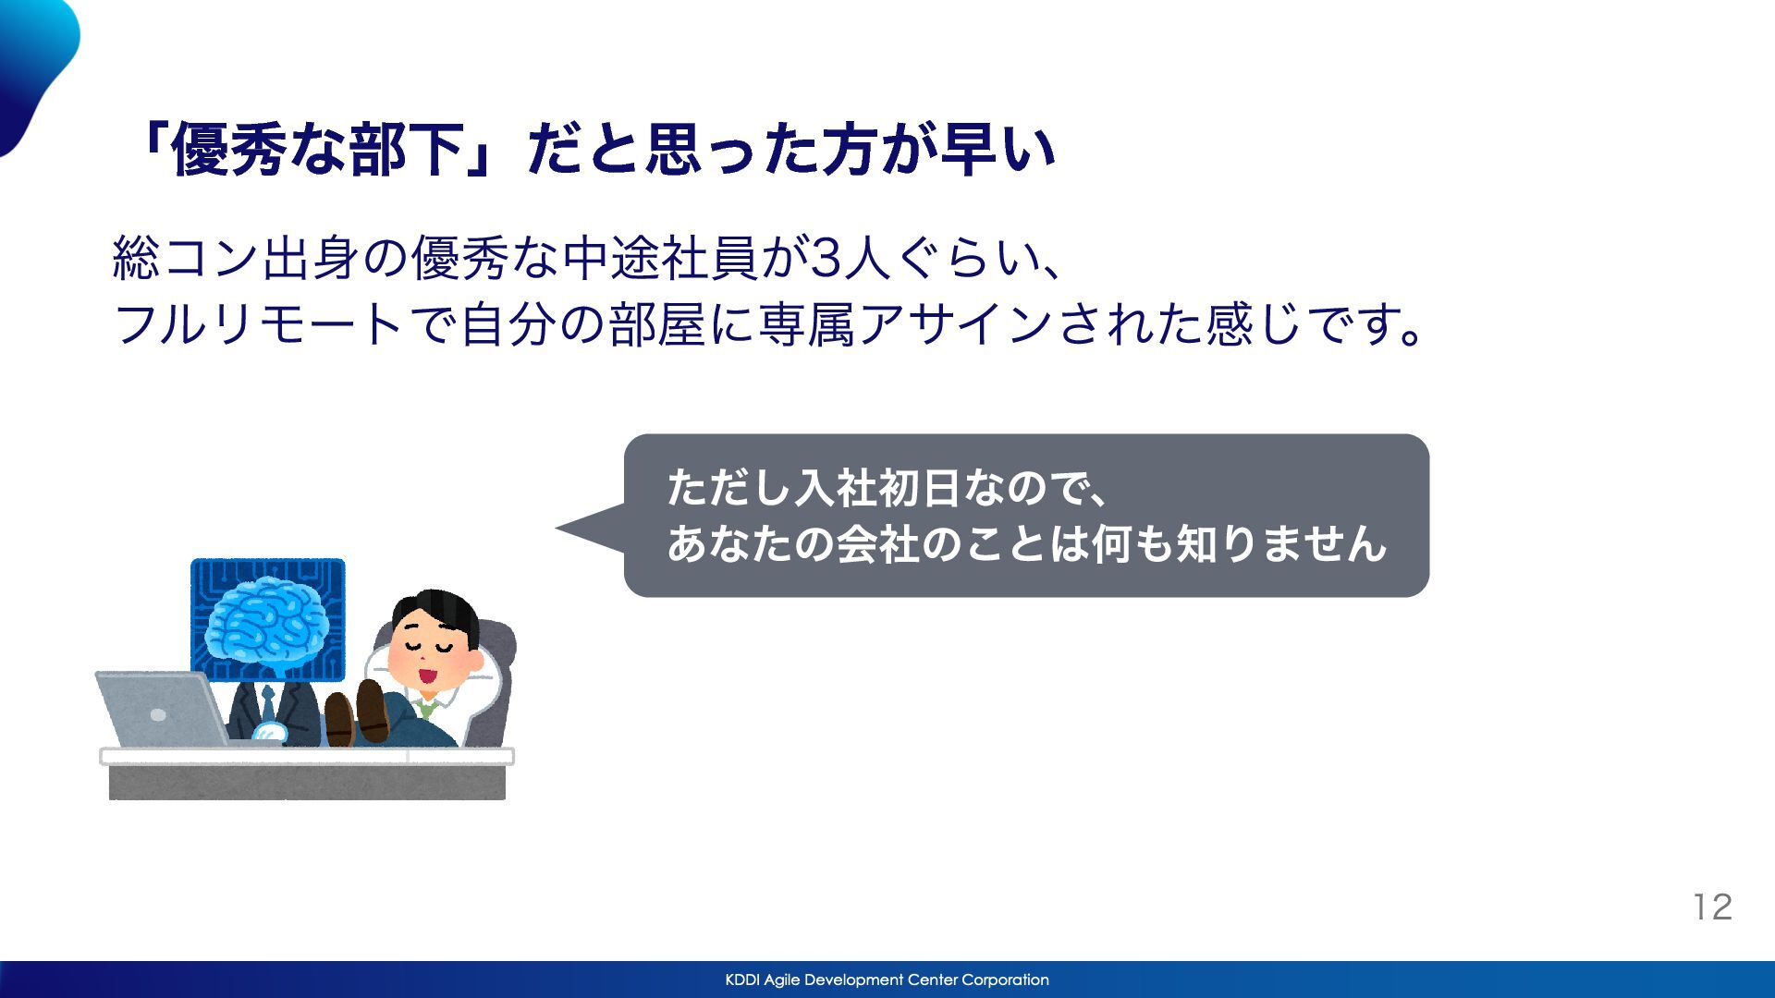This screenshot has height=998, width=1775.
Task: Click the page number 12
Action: coord(1713,907)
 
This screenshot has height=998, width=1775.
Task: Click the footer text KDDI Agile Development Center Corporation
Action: coord(887,980)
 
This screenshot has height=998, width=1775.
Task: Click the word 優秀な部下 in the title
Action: coord(317,150)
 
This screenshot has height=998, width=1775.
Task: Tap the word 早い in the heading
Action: coord(998,150)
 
